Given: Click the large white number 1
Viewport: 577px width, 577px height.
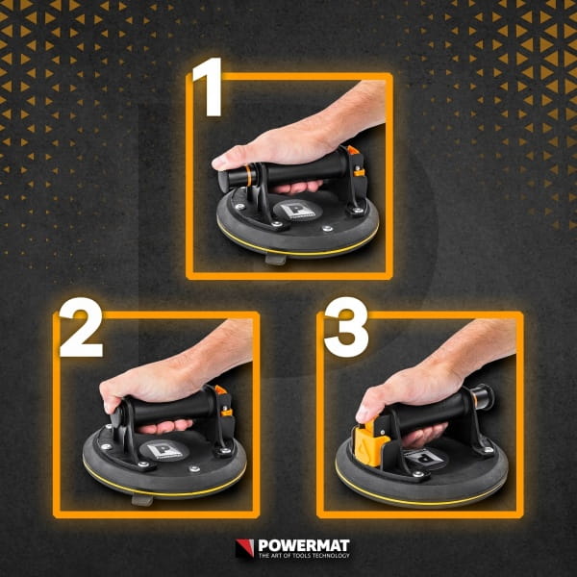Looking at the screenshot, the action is coord(209,87).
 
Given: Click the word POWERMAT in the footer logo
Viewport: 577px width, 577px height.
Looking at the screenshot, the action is coord(304,545).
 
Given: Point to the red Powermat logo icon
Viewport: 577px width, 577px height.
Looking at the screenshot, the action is coord(244,548).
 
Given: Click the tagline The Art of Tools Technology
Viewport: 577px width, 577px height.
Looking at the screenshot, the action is coord(304,555).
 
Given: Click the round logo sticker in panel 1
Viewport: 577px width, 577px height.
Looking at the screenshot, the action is coord(297,210).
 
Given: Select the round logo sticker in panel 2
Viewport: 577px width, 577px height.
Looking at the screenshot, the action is coord(164,450).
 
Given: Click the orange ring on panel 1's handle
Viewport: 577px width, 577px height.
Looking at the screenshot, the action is coord(249,176).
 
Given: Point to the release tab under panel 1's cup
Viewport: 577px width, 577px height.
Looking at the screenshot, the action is coord(276,260).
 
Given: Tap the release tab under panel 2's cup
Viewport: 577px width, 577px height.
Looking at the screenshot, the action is coord(142,500).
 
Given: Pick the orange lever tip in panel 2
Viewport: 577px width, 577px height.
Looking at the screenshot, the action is coord(220,390).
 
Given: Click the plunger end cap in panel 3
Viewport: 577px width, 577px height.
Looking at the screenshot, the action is coord(489,396).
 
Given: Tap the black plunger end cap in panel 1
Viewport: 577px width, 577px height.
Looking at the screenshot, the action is coord(224,181).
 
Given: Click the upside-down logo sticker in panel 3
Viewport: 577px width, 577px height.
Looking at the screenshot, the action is coord(425,459).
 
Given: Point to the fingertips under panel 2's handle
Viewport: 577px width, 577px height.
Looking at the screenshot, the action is coord(165,427).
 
